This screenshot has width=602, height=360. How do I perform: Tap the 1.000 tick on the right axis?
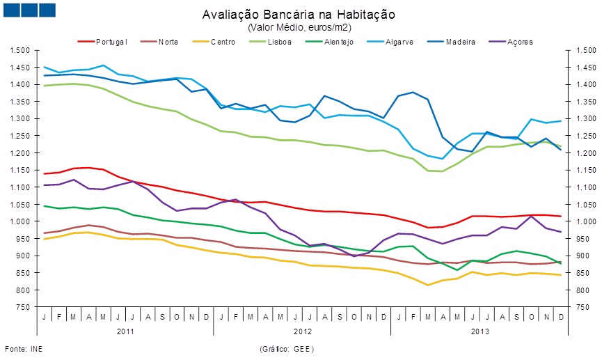[x=579, y=221]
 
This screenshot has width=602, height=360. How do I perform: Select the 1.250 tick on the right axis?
[x=579, y=136]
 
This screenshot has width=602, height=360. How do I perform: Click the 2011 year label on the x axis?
[x=125, y=332]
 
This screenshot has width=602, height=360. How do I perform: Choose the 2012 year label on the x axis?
[x=302, y=332]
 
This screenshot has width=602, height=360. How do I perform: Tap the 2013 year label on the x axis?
[x=479, y=332]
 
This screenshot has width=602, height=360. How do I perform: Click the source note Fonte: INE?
[x=20, y=347]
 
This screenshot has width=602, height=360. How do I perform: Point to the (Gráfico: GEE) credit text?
[x=287, y=347]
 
